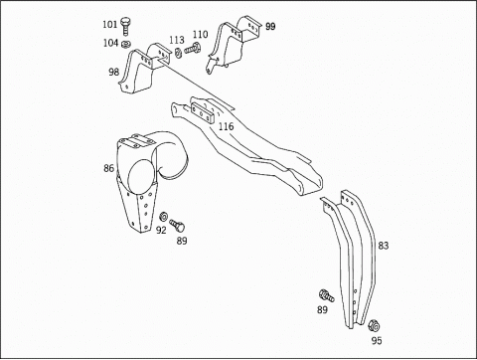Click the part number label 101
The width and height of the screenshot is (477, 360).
pos(110,24)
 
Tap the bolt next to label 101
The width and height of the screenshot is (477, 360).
pos(125,26)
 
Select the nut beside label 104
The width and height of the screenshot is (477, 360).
pos(126,44)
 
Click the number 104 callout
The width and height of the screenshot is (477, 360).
pos(110,43)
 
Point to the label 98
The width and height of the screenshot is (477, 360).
pos(113,72)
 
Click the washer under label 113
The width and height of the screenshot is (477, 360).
pos(178,53)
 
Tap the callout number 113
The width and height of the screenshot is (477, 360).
pos(177,40)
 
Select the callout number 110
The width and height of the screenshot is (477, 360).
pos(201,35)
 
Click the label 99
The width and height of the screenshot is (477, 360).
pos(270,26)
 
